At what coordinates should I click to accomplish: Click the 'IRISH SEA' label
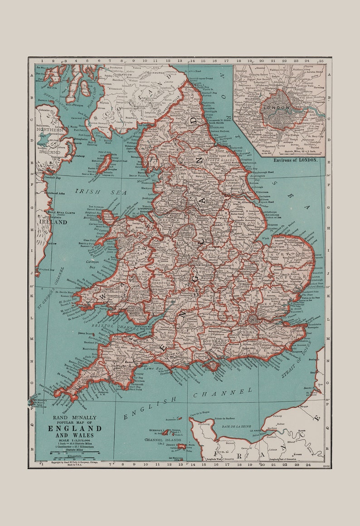[101, 192]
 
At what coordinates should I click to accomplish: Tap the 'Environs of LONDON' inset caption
[295, 160]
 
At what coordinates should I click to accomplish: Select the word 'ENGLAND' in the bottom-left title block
[75, 429]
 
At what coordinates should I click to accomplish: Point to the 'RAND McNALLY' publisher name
[75, 417]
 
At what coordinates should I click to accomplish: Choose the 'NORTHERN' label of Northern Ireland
[48, 129]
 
